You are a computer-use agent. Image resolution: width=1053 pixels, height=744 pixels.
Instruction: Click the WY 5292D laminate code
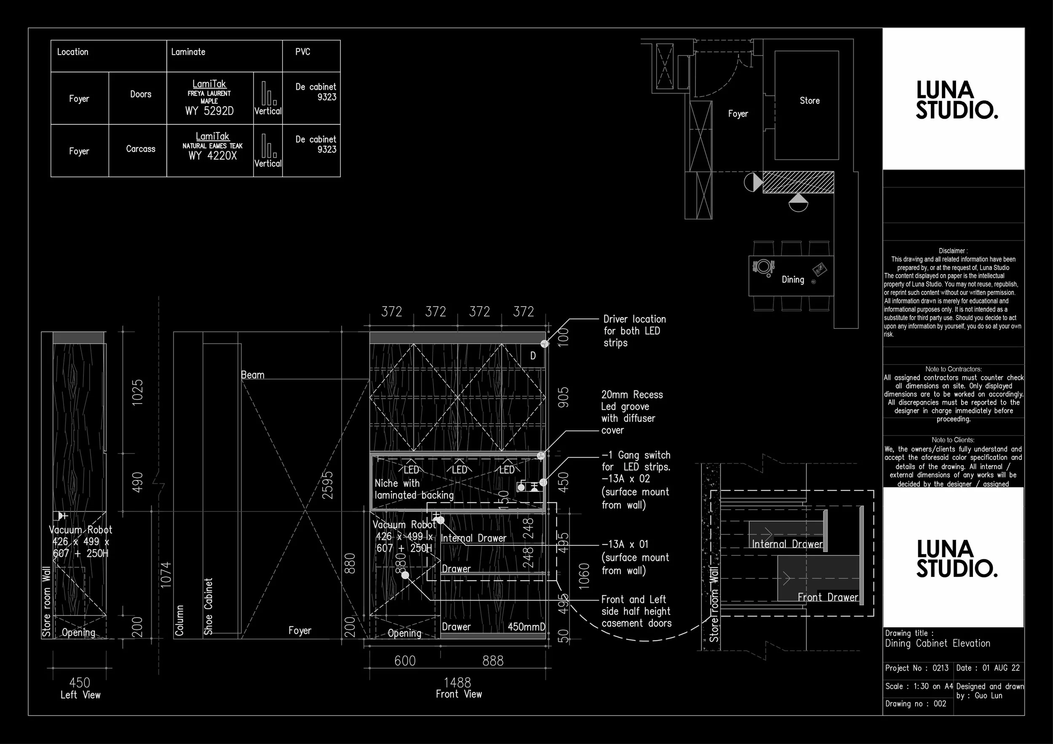pyautogui.click(x=209, y=111)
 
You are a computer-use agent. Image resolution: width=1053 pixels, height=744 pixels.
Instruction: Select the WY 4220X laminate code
pyautogui.click(x=212, y=156)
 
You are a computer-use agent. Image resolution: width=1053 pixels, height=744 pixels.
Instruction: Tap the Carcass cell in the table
pyautogui.click(x=140, y=149)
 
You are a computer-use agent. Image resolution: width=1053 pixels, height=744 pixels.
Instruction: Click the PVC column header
pyautogui.click(x=303, y=52)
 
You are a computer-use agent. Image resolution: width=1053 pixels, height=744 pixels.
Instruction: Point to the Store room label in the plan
pyautogui.click(x=810, y=100)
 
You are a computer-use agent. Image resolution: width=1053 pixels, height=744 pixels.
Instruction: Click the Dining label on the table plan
pyautogui.click(x=793, y=280)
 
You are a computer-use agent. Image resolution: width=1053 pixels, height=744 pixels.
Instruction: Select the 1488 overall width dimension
pyautogui.click(x=457, y=683)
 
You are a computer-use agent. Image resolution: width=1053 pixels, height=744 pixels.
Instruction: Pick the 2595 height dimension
pyautogui.click(x=327, y=485)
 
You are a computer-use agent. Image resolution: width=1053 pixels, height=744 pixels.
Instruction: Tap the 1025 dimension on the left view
pyautogui.click(x=138, y=392)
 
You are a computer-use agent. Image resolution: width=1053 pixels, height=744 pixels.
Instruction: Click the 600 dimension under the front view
pyautogui.click(x=405, y=661)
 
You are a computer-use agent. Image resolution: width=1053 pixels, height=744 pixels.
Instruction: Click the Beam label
pyautogui.click(x=253, y=375)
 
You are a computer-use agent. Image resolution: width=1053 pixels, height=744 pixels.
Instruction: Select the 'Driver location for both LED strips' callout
pyautogui.click(x=634, y=331)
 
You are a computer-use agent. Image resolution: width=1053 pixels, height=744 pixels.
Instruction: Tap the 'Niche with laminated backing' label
pyautogui.click(x=414, y=489)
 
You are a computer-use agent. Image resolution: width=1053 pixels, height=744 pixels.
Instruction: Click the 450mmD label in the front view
pyautogui.click(x=526, y=627)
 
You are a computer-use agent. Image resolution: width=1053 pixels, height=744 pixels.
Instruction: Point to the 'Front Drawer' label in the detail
pyautogui.click(x=827, y=597)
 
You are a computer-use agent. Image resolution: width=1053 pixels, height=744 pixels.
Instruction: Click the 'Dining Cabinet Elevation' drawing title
pyautogui.click(x=938, y=643)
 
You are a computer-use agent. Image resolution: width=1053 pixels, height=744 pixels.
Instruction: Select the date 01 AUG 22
pyautogui.click(x=1001, y=668)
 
